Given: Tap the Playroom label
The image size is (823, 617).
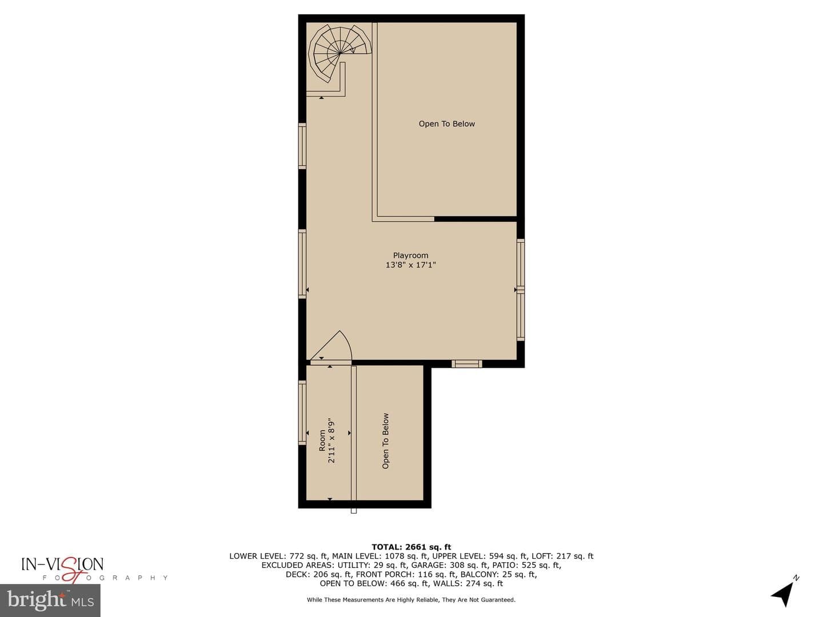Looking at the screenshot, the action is pos(410,255).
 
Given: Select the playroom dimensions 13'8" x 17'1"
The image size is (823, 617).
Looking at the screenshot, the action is pos(410,265).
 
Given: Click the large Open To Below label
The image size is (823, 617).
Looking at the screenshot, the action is pos(446,123).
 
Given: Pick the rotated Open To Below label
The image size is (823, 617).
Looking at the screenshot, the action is pos(385,440).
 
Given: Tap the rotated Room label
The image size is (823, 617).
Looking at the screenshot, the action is pos(322,440).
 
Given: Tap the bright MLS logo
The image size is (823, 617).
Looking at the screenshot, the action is pos(50,600).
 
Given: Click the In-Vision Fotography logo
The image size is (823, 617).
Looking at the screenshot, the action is pos(94,570).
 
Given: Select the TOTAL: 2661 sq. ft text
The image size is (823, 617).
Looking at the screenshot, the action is pos(411,547).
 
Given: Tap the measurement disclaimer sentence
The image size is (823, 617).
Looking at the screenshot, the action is pos(411,600).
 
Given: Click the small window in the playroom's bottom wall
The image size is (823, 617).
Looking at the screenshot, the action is pos(466,364).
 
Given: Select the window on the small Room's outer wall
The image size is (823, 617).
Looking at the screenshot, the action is pos(302,412).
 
